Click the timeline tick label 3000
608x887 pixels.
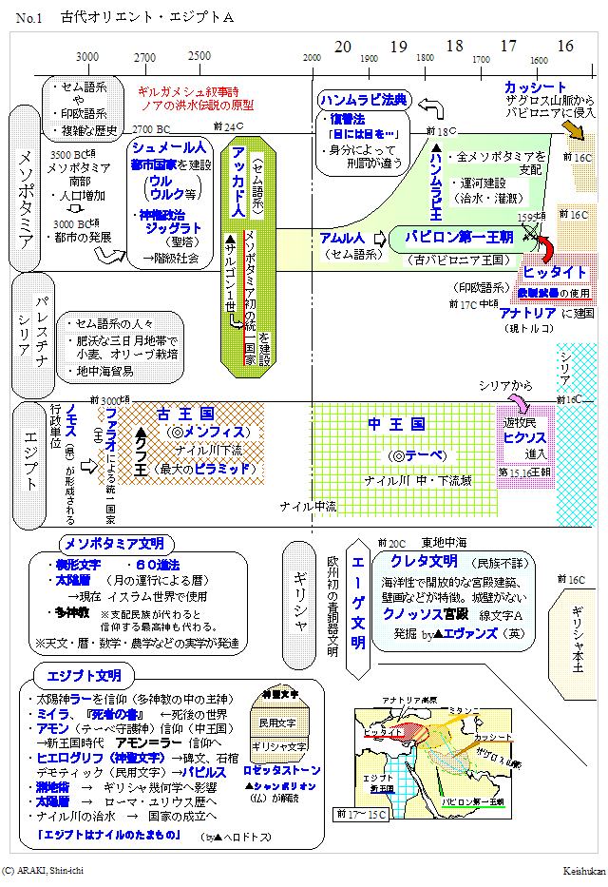[87, 57]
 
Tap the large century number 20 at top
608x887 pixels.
[343, 47]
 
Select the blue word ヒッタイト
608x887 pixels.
[555, 273]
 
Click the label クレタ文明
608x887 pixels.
[424, 562]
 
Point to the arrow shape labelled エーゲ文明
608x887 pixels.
[358, 609]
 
